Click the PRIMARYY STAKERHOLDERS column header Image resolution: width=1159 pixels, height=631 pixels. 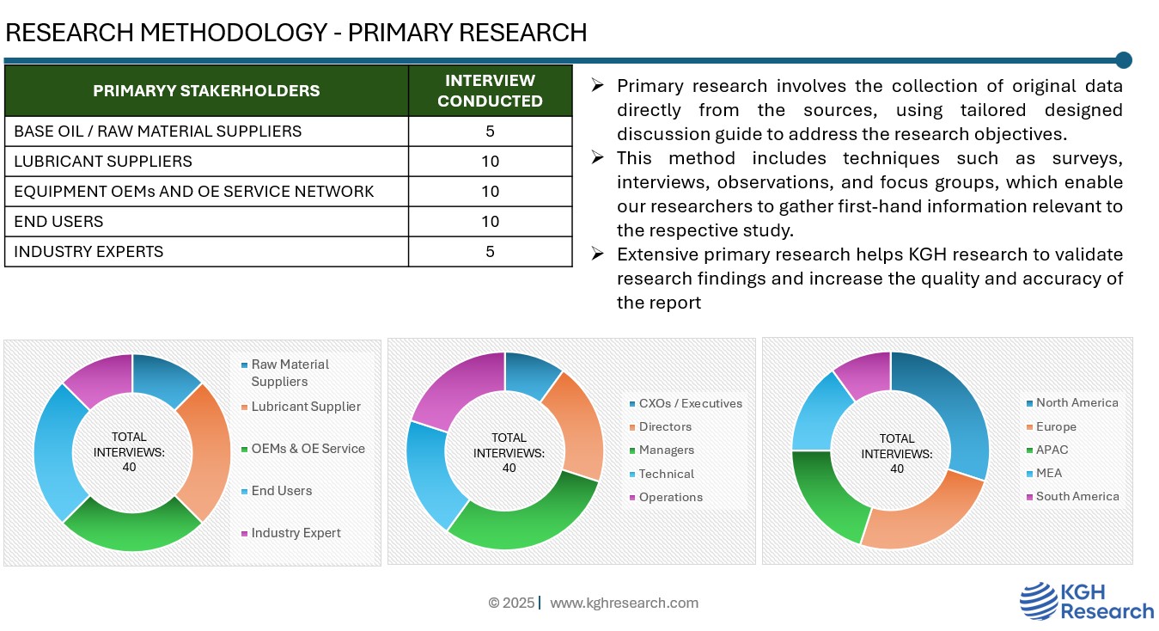tap(206, 90)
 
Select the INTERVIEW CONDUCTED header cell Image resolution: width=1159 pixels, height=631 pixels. tap(490, 90)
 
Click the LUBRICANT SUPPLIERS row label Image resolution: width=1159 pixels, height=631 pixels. tap(103, 162)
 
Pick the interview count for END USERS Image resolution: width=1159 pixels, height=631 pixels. tap(490, 222)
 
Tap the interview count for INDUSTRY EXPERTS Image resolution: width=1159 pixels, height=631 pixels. tap(490, 252)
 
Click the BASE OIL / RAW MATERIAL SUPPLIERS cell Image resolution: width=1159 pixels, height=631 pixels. tap(158, 132)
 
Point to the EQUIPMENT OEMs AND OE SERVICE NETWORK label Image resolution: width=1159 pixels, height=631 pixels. tap(194, 192)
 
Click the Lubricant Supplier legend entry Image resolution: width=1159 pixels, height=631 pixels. tap(306, 407)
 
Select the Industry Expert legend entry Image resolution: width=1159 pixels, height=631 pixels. tap(296, 533)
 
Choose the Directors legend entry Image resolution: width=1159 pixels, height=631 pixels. tap(665, 427)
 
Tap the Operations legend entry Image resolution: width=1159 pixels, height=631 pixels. tap(670, 498)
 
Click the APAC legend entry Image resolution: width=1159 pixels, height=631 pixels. tap(1052, 450)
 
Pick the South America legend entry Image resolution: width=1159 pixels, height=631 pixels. tap(1077, 497)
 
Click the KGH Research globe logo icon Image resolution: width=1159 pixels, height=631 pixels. tap(1038, 601)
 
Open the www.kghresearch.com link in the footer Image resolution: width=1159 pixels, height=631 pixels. tap(624, 603)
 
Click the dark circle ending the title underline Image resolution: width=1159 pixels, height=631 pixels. tap(1123, 60)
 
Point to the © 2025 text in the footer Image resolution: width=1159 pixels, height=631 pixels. tap(511, 603)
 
